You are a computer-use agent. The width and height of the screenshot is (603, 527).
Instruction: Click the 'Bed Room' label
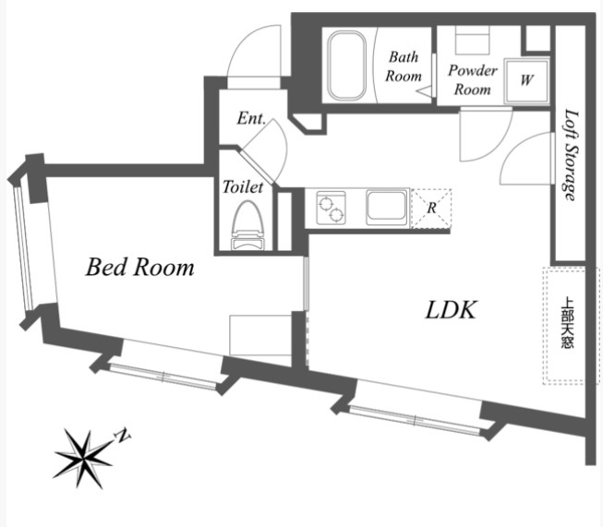[140, 268]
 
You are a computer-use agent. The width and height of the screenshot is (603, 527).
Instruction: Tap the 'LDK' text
[451, 310]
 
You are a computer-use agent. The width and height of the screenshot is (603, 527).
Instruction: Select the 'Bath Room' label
[404, 67]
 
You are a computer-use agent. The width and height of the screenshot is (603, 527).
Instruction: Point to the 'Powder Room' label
[472, 79]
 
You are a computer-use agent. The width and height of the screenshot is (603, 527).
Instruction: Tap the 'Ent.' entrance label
[251, 119]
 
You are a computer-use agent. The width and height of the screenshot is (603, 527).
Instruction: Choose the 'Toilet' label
[243, 186]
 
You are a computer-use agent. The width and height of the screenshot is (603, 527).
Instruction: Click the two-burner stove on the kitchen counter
[331, 206]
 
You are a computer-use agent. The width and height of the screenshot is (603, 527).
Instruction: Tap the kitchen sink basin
[387, 206]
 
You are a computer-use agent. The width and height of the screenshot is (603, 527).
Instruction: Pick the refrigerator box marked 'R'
[431, 207]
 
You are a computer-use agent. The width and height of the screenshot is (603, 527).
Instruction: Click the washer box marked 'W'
[526, 79]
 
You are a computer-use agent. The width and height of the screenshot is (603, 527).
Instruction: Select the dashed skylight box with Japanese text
[565, 326]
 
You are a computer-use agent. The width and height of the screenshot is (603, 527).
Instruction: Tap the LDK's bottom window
[415, 416]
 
